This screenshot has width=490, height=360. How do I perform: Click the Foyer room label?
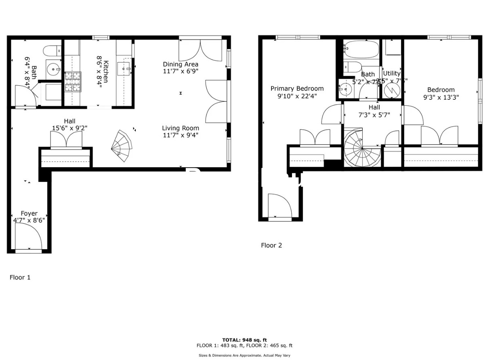click(29, 213)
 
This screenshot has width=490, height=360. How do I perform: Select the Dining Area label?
click(181, 64)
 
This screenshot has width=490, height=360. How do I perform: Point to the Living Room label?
click(181, 128)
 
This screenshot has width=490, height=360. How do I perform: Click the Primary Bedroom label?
click(297, 88)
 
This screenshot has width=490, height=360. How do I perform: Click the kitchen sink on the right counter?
click(124, 69)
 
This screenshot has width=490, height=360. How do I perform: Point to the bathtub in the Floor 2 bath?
click(361, 50)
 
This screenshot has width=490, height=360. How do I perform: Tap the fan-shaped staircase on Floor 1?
click(121, 145)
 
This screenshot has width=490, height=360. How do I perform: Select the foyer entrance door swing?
click(28, 237)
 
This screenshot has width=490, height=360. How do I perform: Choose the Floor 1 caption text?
click(20, 278)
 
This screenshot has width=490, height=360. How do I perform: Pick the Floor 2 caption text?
click(271, 245)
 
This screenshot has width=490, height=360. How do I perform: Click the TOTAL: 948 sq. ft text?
click(244, 340)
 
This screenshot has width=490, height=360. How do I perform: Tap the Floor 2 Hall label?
click(374, 107)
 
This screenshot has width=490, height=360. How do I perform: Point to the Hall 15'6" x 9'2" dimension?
click(69, 128)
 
